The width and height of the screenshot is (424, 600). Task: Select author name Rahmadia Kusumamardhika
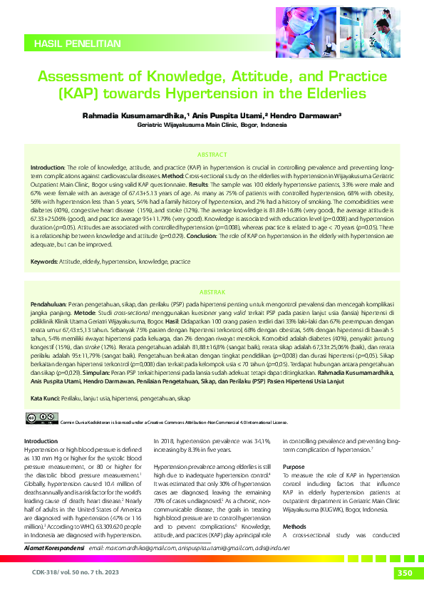pos(133,114)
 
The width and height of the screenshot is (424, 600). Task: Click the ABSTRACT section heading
pos(212,154)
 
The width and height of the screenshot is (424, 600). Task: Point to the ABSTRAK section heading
pos(212,272)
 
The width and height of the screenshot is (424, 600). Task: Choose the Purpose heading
pos(294,466)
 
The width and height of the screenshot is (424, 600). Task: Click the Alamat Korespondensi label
pos(56,547)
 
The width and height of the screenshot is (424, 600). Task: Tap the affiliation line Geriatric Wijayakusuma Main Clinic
pos(212,123)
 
